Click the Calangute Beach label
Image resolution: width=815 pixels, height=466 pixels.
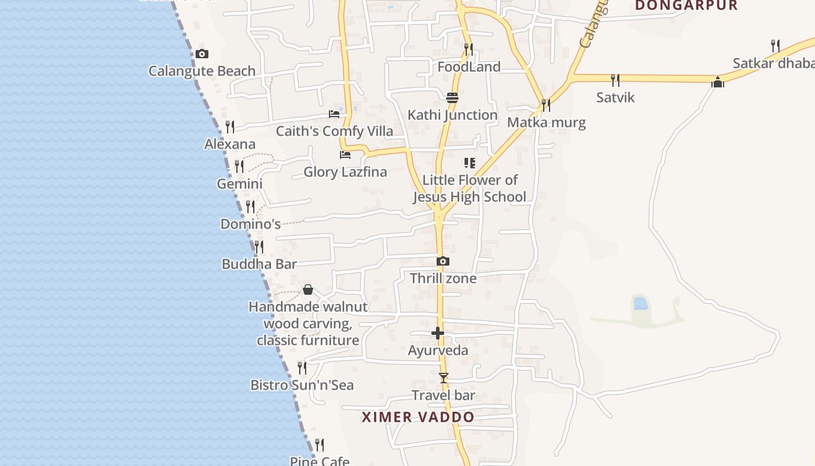[201, 71]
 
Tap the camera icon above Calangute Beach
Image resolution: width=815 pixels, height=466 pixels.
[202, 54]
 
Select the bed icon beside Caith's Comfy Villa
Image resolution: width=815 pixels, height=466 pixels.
[334, 114]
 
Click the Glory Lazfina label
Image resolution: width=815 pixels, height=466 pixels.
[345, 172]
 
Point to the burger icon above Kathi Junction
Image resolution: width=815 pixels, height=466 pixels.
[452, 97]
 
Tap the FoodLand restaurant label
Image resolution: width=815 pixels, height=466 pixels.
[469, 67]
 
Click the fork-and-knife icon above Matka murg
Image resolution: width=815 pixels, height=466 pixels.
[546, 105]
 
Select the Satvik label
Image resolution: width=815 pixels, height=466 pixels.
[615, 97]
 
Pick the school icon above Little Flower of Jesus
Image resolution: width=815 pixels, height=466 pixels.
[469, 163]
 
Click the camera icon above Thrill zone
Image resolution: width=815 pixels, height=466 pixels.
[443, 261]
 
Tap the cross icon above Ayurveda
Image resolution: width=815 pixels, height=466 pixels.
[438, 333]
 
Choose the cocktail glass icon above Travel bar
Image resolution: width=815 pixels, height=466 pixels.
[444, 378]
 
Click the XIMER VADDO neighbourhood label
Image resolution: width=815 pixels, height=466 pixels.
[418, 417]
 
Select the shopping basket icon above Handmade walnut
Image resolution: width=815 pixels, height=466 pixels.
[308, 290]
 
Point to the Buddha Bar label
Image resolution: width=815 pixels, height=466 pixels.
[259, 264]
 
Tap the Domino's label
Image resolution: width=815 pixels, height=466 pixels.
[250, 224]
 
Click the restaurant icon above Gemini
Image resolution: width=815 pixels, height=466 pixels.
[239, 167]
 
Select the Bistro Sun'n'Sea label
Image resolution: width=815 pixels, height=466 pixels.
[302, 385]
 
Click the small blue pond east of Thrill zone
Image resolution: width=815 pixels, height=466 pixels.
[640, 303]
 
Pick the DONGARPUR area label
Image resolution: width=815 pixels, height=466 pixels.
[686, 6]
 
